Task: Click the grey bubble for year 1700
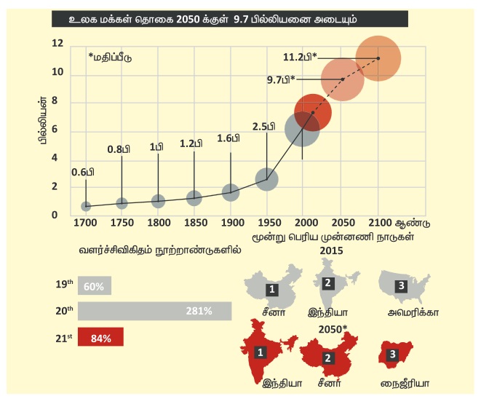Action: click(86, 206)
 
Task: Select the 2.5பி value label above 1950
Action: click(263, 126)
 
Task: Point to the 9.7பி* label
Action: click(280, 80)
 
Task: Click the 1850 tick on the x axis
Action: click(194, 221)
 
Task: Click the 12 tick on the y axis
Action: click(57, 45)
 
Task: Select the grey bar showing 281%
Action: click(154, 311)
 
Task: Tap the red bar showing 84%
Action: click(100, 337)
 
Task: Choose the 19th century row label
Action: click(64, 286)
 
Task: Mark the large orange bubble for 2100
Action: click(378, 58)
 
